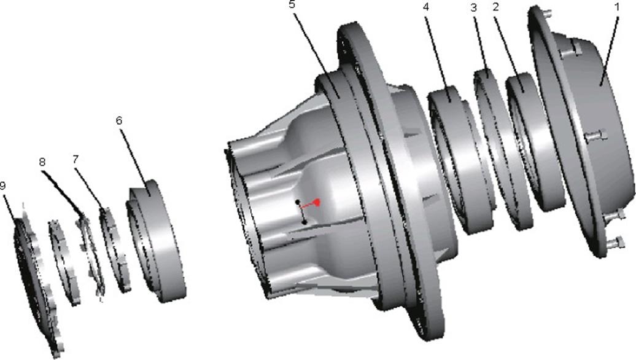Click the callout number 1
pyautogui.click(x=617, y=7)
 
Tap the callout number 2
pyautogui.click(x=495, y=7)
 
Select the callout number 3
pyautogui.click(x=473, y=8)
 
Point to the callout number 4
pyautogui.click(x=425, y=7)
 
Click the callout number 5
pyautogui.click(x=292, y=5)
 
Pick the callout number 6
pyautogui.click(x=119, y=120)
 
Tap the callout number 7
pyautogui.click(x=75, y=160)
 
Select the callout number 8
pyautogui.click(x=42, y=162)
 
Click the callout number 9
pyautogui.click(x=3, y=186)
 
